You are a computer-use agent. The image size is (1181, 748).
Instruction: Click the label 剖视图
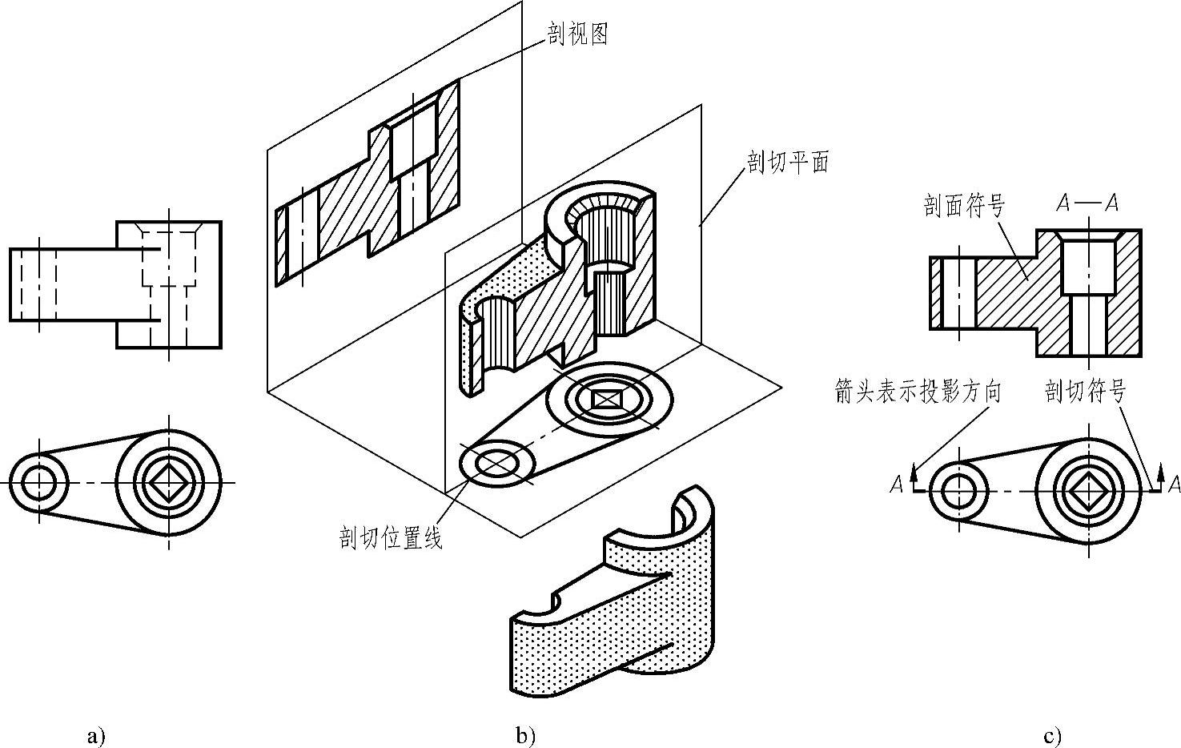tap(578, 34)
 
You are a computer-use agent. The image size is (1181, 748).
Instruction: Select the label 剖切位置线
tap(391, 538)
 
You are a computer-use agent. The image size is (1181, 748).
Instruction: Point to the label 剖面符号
tap(963, 207)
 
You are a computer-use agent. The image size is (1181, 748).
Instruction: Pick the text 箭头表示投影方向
tap(918, 392)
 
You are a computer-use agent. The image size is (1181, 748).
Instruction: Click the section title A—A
tap(1087, 203)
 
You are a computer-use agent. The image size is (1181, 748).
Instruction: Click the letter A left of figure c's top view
tap(897, 485)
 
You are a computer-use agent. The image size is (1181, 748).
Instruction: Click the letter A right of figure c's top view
tap(1174, 484)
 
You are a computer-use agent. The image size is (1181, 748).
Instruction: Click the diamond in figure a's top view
tap(168, 483)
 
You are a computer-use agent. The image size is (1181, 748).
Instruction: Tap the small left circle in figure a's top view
tap(38, 483)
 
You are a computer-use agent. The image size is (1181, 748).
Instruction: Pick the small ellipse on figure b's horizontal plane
tap(496, 461)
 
